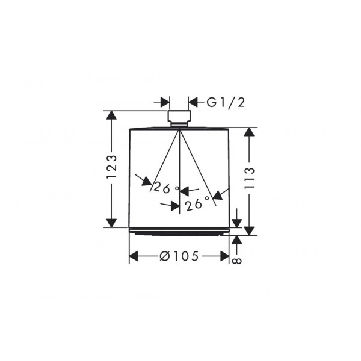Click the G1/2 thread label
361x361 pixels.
[x=226, y=102]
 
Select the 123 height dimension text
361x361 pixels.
[x=112, y=167]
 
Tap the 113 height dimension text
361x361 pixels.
[x=250, y=179]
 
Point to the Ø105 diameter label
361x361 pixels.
[x=179, y=256]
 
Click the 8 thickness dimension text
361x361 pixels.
[x=237, y=261]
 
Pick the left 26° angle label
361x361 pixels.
[x=166, y=187]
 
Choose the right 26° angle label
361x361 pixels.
[x=197, y=203]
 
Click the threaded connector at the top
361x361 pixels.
[x=179, y=119]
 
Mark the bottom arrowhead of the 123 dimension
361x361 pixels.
[x=111, y=223]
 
